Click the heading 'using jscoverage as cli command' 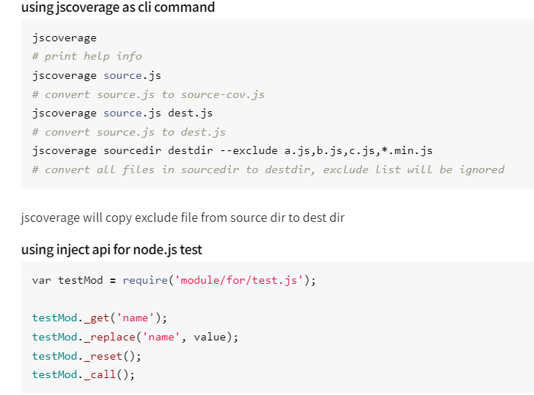(x=118, y=7)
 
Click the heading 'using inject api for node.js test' (x=112, y=249)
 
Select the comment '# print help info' (x=87, y=56)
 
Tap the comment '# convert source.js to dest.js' (x=129, y=132)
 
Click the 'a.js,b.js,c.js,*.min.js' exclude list (x=358, y=150)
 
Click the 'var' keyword (x=41, y=280)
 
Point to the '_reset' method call (x=103, y=355)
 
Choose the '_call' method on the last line (x=100, y=374)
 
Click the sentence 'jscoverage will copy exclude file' (x=182, y=217)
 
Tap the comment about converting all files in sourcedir (x=268, y=169)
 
